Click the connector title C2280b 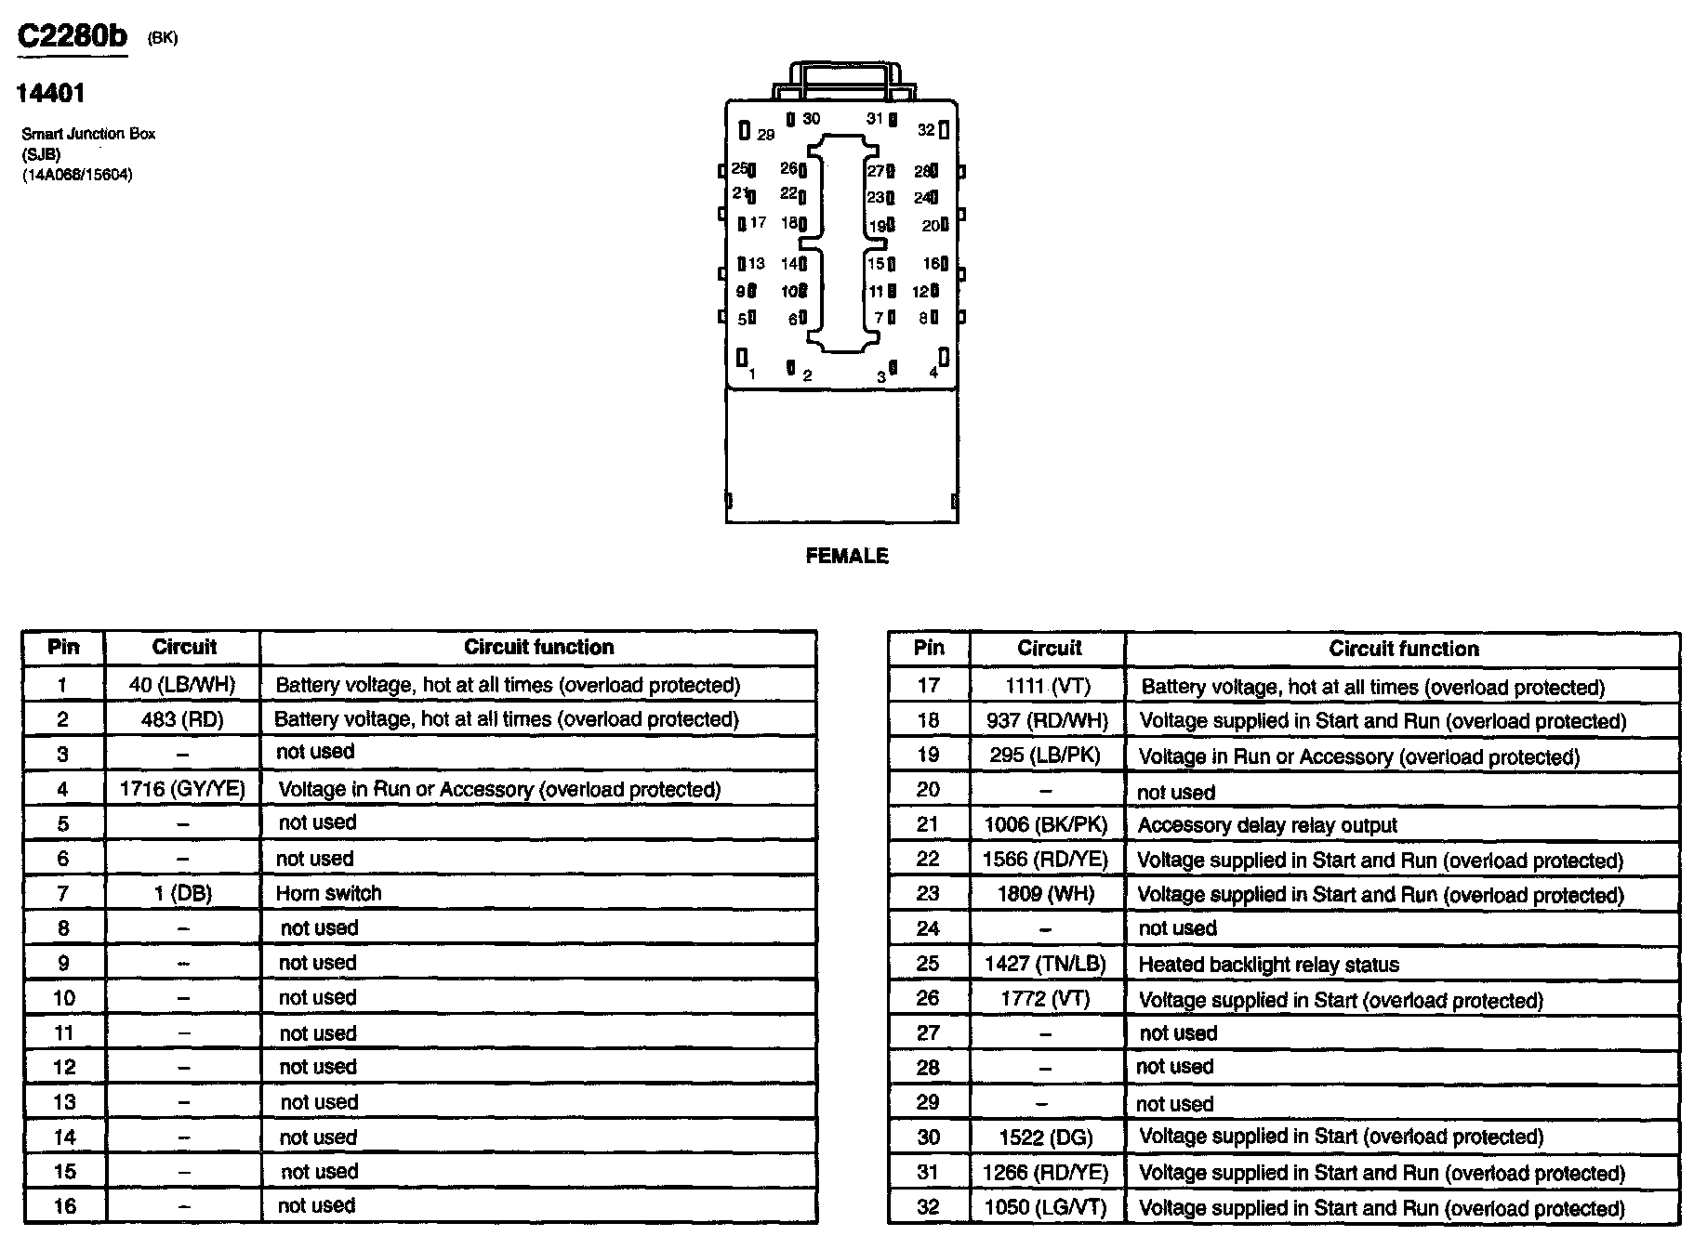click(73, 36)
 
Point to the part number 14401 click(51, 93)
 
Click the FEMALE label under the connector click(846, 556)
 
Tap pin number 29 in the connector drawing click(765, 135)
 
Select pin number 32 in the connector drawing click(926, 130)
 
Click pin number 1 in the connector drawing click(752, 374)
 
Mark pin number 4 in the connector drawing click(933, 373)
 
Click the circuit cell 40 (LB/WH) click(182, 685)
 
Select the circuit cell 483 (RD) click(182, 719)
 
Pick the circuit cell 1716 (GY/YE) click(182, 789)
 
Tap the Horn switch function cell click(329, 893)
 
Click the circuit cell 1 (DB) click(182, 893)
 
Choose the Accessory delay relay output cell click(1267, 825)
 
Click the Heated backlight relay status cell click(1268, 965)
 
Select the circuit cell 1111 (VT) click(1047, 687)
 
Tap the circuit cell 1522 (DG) click(1046, 1137)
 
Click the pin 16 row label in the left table click(64, 1206)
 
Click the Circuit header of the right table click(1049, 649)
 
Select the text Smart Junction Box click(88, 134)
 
